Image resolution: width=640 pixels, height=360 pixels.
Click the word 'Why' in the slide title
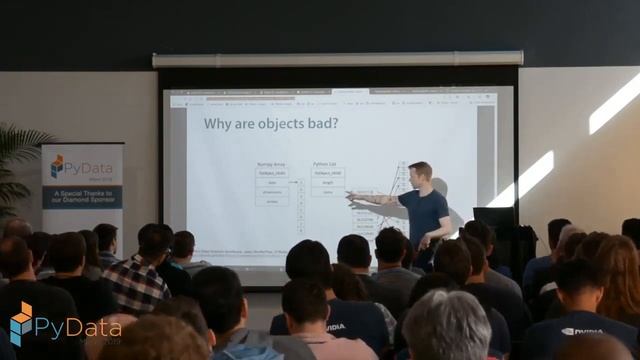[219, 124]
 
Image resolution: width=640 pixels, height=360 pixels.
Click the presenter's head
[420, 173]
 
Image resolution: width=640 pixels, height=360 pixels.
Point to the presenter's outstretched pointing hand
[351, 197]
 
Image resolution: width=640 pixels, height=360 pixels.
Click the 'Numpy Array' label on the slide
[271, 163]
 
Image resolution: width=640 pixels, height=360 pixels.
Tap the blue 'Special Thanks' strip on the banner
[82, 196]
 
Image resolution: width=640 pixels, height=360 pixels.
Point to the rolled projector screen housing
[337, 59]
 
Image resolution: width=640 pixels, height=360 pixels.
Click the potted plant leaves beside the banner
[17, 160]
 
